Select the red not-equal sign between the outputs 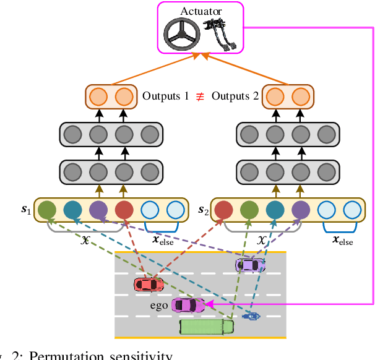(x=200, y=96)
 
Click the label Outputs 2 (x=235, y=96)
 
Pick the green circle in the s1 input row (x=47, y=211)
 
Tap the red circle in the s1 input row (x=123, y=211)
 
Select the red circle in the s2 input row (x=224, y=211)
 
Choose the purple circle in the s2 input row (x=301, y=211)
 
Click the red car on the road (x=149, y=284)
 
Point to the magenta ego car (x=187, y=305)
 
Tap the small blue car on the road (x=251, y=316)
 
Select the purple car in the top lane (x=250, y=265)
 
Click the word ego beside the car (x=160, y=305)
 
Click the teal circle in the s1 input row (x=72, y=211)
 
